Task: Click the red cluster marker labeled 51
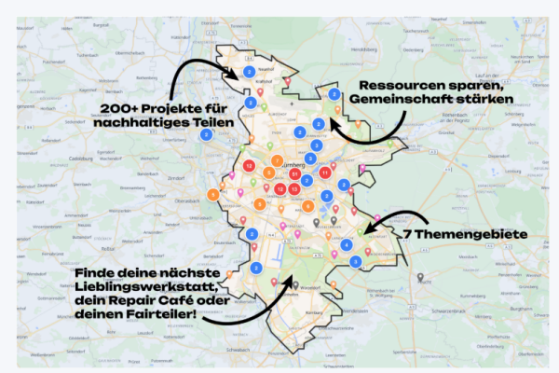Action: tap(294, 174)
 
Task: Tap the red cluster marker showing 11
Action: tap(324, 173)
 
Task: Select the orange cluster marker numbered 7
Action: tap(213, 195)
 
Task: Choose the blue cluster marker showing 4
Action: tap(347, 244)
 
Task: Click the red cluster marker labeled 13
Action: tap(249, 165)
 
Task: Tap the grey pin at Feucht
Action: tap(420, 278)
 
